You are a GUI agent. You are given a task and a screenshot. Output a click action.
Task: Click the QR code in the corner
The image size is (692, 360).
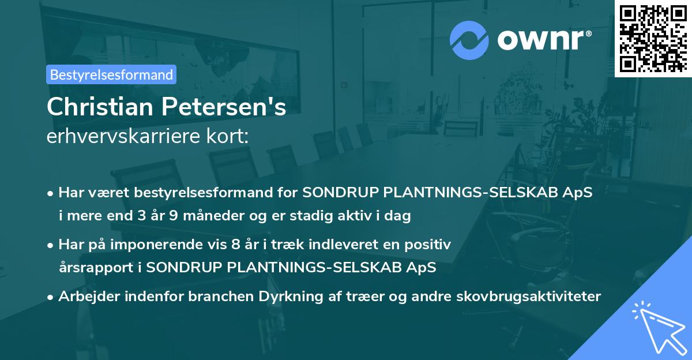click(x=653, y=38)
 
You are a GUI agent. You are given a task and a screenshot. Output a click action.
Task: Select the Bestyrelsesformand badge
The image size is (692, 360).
click(x=111, y=74)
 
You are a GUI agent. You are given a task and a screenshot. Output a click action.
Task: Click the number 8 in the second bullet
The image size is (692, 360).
click(x=235, y=245)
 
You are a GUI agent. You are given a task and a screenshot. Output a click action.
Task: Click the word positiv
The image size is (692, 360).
click(x=428, y=245)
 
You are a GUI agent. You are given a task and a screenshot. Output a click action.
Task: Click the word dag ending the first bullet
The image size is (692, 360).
click(x=398, y=216)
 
